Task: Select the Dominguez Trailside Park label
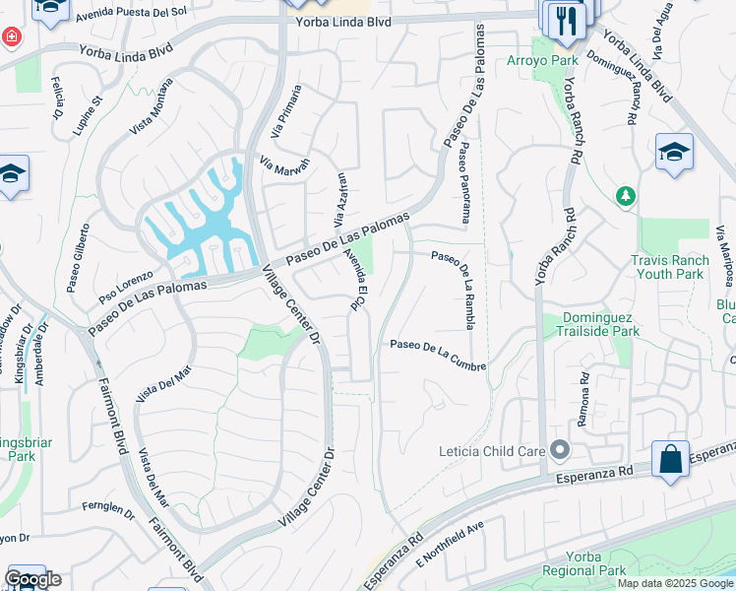coord(600,324)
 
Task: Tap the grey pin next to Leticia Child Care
coord(560,451)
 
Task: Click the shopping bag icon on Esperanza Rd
coord(670,460)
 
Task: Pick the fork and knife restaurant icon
coord(565,21)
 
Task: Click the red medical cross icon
coord(11,37)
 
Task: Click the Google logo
coord(32,579)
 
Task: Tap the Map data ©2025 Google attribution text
coord(674,583)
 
